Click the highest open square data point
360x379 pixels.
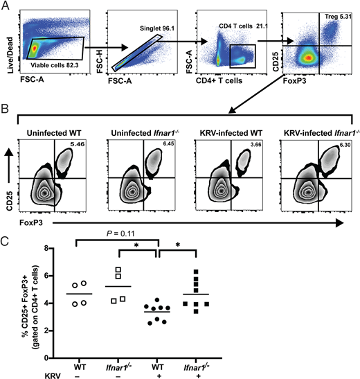point(140,271)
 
